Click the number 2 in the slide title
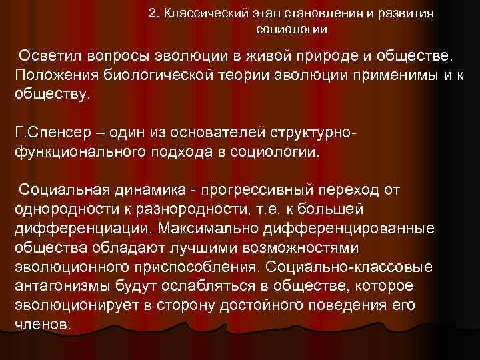tap(153, 13)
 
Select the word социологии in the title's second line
tap(291, 29)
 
